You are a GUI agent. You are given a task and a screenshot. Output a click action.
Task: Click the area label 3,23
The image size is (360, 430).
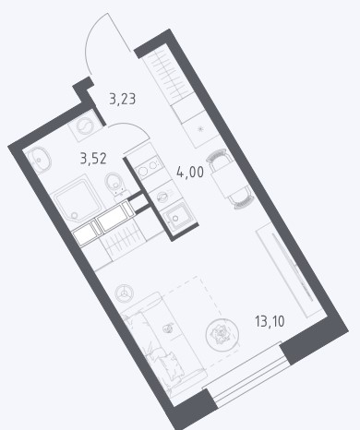pos(123,100)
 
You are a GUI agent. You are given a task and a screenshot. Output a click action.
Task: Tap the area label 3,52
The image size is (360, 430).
pos(93,159)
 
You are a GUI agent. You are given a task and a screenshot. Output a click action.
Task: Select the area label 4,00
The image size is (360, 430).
pos(190,172)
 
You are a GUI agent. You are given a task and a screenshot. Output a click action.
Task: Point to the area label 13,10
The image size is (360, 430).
pos(270,322)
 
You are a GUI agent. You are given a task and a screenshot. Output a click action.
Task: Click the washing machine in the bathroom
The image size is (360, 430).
pos(86,125)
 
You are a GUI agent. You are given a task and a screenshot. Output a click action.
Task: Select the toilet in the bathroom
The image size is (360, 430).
pos(115,185)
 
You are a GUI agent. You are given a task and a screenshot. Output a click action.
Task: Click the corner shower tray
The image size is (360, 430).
pos(78,199)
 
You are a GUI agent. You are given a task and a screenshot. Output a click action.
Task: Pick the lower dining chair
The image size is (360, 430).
pos(243,201)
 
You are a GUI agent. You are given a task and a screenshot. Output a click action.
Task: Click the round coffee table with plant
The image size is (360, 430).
pos(222,333)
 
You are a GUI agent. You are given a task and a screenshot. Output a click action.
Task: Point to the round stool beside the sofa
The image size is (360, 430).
pos(125,293)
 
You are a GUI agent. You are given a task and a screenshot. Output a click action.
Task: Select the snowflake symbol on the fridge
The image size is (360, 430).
pos(200,129)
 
